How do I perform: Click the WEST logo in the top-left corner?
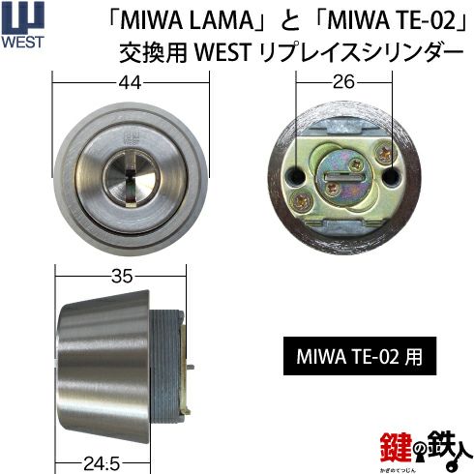[22, 25]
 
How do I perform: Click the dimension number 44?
[130, 83]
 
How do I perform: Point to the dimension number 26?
[343, 81]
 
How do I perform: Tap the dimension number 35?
[122, 277]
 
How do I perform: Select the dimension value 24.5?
[102, 464]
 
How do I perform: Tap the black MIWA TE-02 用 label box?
[360, 356]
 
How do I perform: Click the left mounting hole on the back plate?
[297, 175]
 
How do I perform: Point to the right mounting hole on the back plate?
[392, 176]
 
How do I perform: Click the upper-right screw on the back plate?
[384, 151]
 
